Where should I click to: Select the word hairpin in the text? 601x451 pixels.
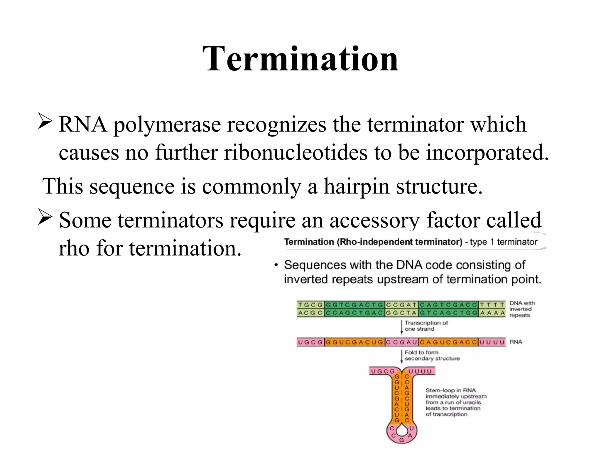356,186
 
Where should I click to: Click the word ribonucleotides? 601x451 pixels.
295,152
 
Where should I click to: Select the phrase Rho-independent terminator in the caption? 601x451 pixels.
399,242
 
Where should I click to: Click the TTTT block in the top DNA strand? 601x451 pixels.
492,305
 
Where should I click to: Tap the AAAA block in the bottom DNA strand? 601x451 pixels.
492,313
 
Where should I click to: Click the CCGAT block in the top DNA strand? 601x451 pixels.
401,305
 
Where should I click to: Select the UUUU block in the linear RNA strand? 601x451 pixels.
492,342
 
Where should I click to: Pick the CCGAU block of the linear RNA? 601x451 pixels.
401,342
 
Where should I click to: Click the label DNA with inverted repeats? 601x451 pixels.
522,309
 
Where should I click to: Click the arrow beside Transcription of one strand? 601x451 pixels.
402,327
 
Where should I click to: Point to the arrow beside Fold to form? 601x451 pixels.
402,356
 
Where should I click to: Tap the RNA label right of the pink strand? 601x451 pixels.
516,342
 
